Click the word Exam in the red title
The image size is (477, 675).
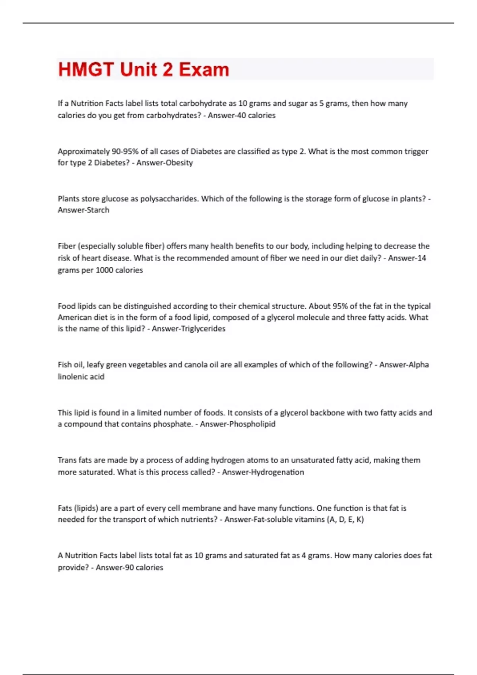pyautogui.click(x=204, y=69)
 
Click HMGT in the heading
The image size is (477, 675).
pyautogui.click(x=86, y=69)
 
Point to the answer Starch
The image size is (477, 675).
pyautogui.click(x=95, y=210)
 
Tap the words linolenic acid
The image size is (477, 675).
pyautogui.click(x=81, y=377)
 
